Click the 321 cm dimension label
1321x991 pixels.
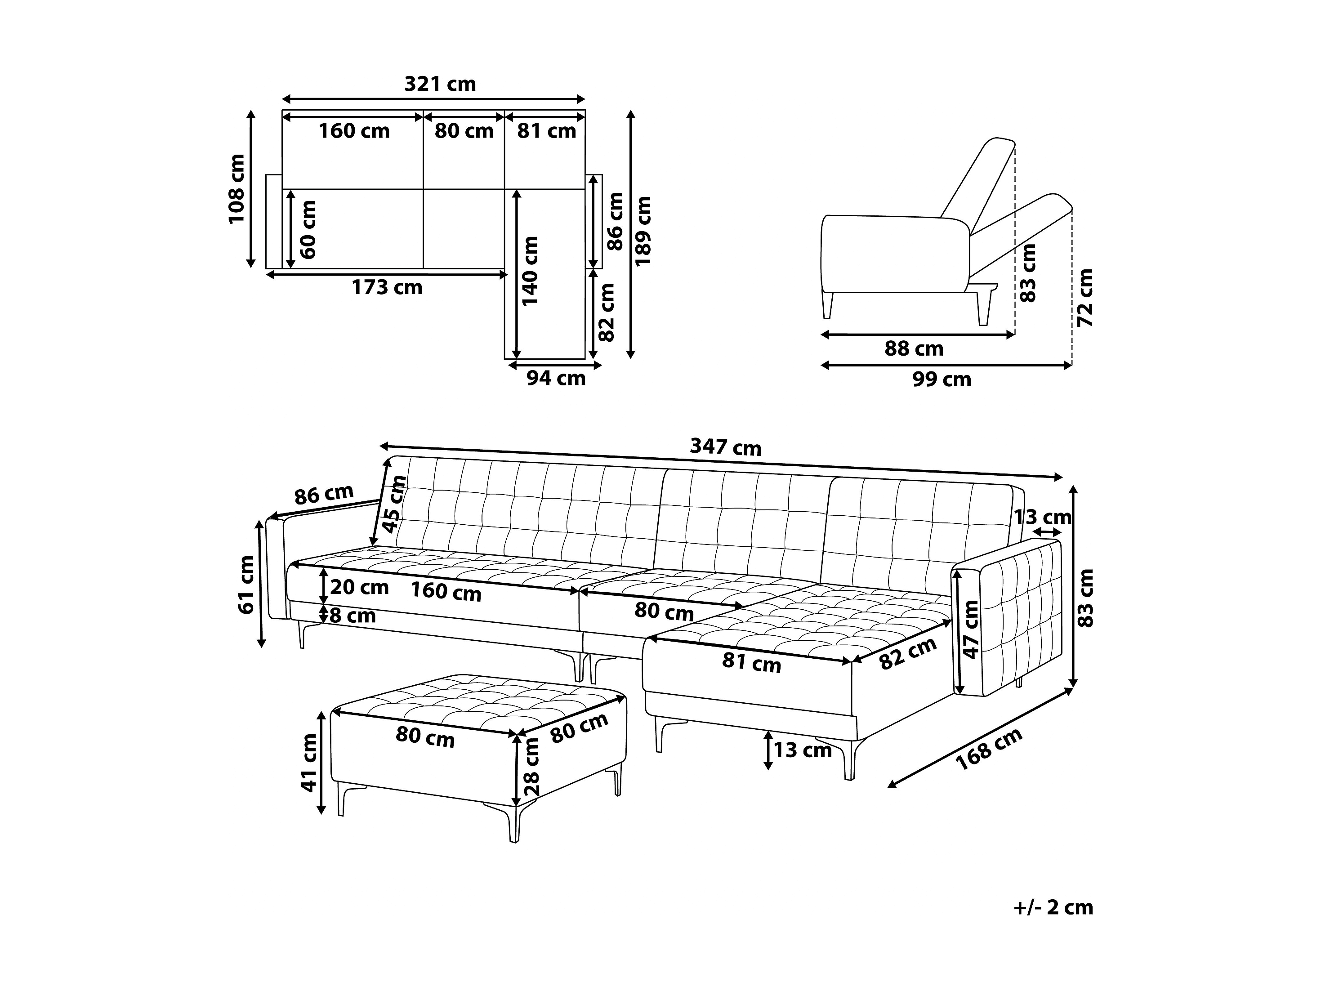440,84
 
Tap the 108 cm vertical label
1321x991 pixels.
237,189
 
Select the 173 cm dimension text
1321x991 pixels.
387,288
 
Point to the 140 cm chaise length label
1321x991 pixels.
530,271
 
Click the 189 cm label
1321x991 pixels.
643,231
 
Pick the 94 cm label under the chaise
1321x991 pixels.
556,378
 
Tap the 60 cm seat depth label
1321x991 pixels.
308,229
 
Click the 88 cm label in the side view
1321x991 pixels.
914,349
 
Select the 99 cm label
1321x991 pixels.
942,380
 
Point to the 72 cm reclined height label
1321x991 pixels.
1085,298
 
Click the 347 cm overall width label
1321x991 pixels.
726,447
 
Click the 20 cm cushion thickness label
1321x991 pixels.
359,587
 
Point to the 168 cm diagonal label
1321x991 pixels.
989,750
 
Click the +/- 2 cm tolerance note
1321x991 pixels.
1053,907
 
